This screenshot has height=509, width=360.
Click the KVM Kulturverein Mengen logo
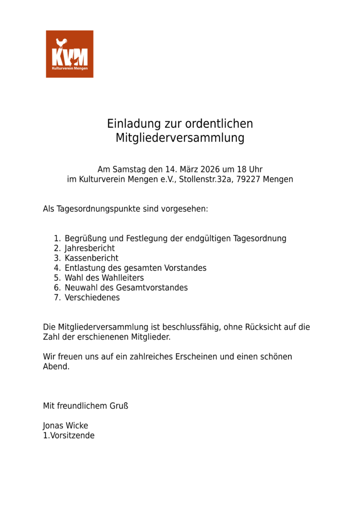[x=70, y=54]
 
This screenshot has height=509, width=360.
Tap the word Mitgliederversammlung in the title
[x=180, y=138]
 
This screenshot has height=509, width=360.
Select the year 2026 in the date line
[x=210, y=170]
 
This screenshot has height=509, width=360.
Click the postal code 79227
[x=249, y=179]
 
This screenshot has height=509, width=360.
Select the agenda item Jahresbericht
[x=90, y=249]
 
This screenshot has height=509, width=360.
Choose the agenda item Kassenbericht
[x=91, y=258]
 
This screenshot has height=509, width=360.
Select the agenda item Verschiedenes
[x=92, y=298]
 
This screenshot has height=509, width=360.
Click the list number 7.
[x=57, y=298]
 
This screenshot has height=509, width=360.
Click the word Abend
[x=55, y=367]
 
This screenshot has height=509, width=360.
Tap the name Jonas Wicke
[x=65, y=426]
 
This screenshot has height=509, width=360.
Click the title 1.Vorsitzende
[x=69, y=436]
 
